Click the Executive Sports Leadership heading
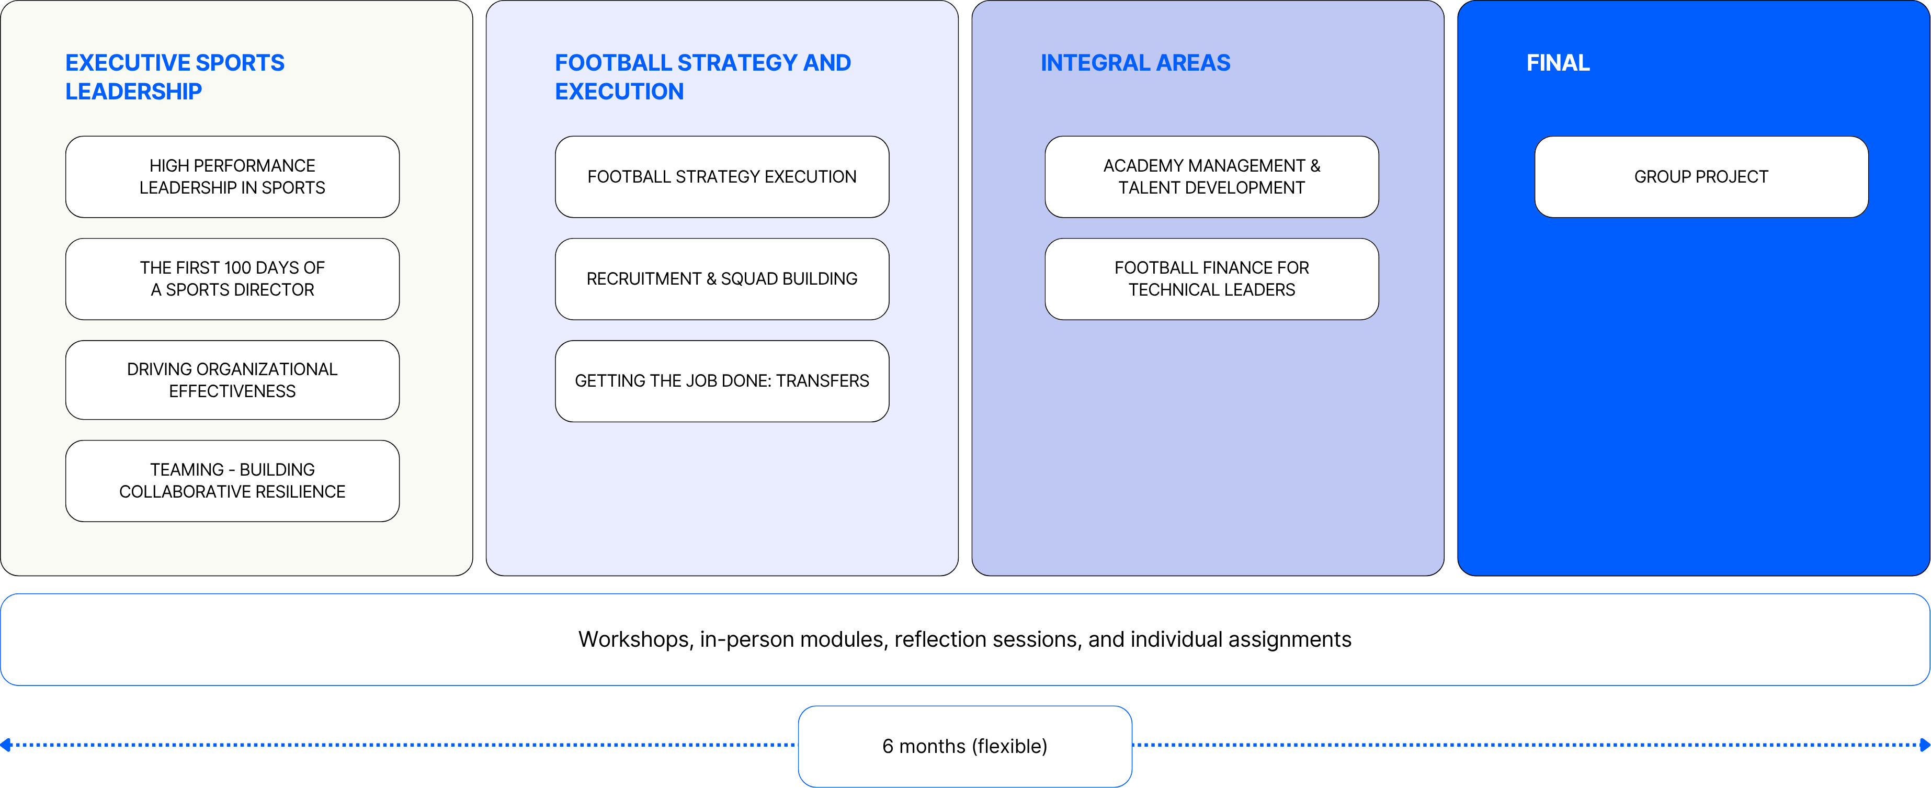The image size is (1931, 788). (175, 76)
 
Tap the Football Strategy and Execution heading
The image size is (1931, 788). (702, 76)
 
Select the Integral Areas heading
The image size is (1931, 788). (1135, 63)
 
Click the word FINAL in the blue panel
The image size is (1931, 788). (1558, 63)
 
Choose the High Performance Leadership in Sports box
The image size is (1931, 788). (232, 177)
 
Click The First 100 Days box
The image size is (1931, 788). (232, 279)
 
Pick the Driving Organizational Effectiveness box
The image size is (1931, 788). (232, 380)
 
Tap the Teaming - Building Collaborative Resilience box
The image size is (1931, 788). (232, 481)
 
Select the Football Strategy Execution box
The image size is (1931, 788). (722, 177)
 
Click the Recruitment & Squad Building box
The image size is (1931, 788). (722, 279)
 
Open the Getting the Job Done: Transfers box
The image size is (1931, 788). (722, 381)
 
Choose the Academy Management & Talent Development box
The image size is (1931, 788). (1211, 177)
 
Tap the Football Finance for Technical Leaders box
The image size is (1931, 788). (1211, 279)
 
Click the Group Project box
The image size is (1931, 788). (1701, 177)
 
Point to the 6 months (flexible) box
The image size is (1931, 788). (965, 746)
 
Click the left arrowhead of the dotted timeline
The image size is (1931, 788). (5, 745)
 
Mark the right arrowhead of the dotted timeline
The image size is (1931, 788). (1925, 745)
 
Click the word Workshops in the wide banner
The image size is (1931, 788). (635, 639)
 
